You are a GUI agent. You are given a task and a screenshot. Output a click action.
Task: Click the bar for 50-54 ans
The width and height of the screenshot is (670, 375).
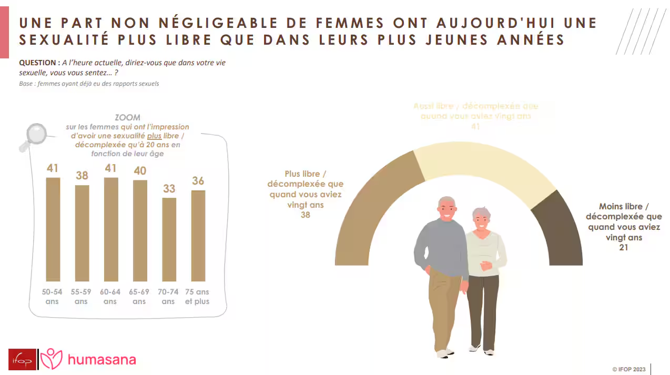click(x=53, y=229)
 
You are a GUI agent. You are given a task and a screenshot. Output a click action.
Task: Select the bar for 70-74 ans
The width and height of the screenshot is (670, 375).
click(x=169, y=239)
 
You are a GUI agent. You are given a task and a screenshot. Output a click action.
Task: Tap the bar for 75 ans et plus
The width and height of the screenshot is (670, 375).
click(x=198, y=236)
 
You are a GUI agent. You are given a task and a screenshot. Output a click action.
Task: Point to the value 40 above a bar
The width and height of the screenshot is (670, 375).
click(x=140, y=171)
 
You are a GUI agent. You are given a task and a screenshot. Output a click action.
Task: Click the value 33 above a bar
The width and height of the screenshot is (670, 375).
click(x=169, y=188)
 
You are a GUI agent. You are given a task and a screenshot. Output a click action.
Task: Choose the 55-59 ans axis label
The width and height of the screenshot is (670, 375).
click(x=82, y=297)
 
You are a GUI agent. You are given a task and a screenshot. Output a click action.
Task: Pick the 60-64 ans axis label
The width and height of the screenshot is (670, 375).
click(x=110, y=297)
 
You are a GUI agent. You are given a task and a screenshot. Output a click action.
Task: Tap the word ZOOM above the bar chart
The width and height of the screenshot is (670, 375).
click(x=128, y=118)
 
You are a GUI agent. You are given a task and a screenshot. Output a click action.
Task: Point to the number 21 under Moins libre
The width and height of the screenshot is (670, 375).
click(x=624, y=248)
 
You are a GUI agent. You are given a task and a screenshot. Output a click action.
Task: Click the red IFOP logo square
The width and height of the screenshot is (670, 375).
click(x=22, y=359)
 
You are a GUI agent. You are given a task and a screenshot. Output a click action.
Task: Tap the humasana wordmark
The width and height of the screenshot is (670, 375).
click(x=102, y=360)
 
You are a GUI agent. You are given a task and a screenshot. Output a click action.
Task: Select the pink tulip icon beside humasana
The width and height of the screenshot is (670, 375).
click(x=52, y=359)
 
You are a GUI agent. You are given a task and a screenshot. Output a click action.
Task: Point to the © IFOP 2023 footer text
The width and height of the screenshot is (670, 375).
click(x=628, y=369)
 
